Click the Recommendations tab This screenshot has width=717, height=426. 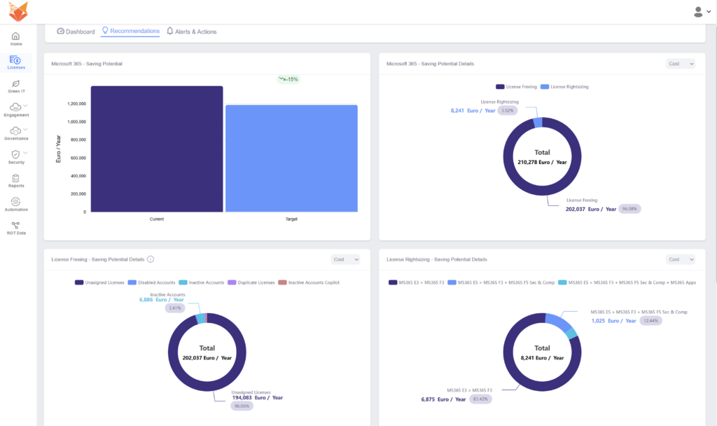(x=131, y=32)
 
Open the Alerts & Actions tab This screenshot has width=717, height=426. (x=191, y=32)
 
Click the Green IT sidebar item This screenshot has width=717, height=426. (x=16, y=86)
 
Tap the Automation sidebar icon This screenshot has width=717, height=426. (x=16, y=205)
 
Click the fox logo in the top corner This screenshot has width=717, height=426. (x=18, y=11)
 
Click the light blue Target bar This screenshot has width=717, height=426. (x=291, y=158)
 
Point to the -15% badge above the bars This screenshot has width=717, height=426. (x=288, y=79)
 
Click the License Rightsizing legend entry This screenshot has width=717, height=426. (x=567, y=87)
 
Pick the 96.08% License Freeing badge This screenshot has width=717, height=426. (x=629, y=209)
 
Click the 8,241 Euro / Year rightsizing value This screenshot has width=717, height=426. (x=473, y=111)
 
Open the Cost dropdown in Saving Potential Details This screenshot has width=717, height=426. (x=680, y=64)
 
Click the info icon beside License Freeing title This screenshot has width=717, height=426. (x=151, y=259)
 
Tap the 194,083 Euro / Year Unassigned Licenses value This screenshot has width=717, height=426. (x=258, y=398)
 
